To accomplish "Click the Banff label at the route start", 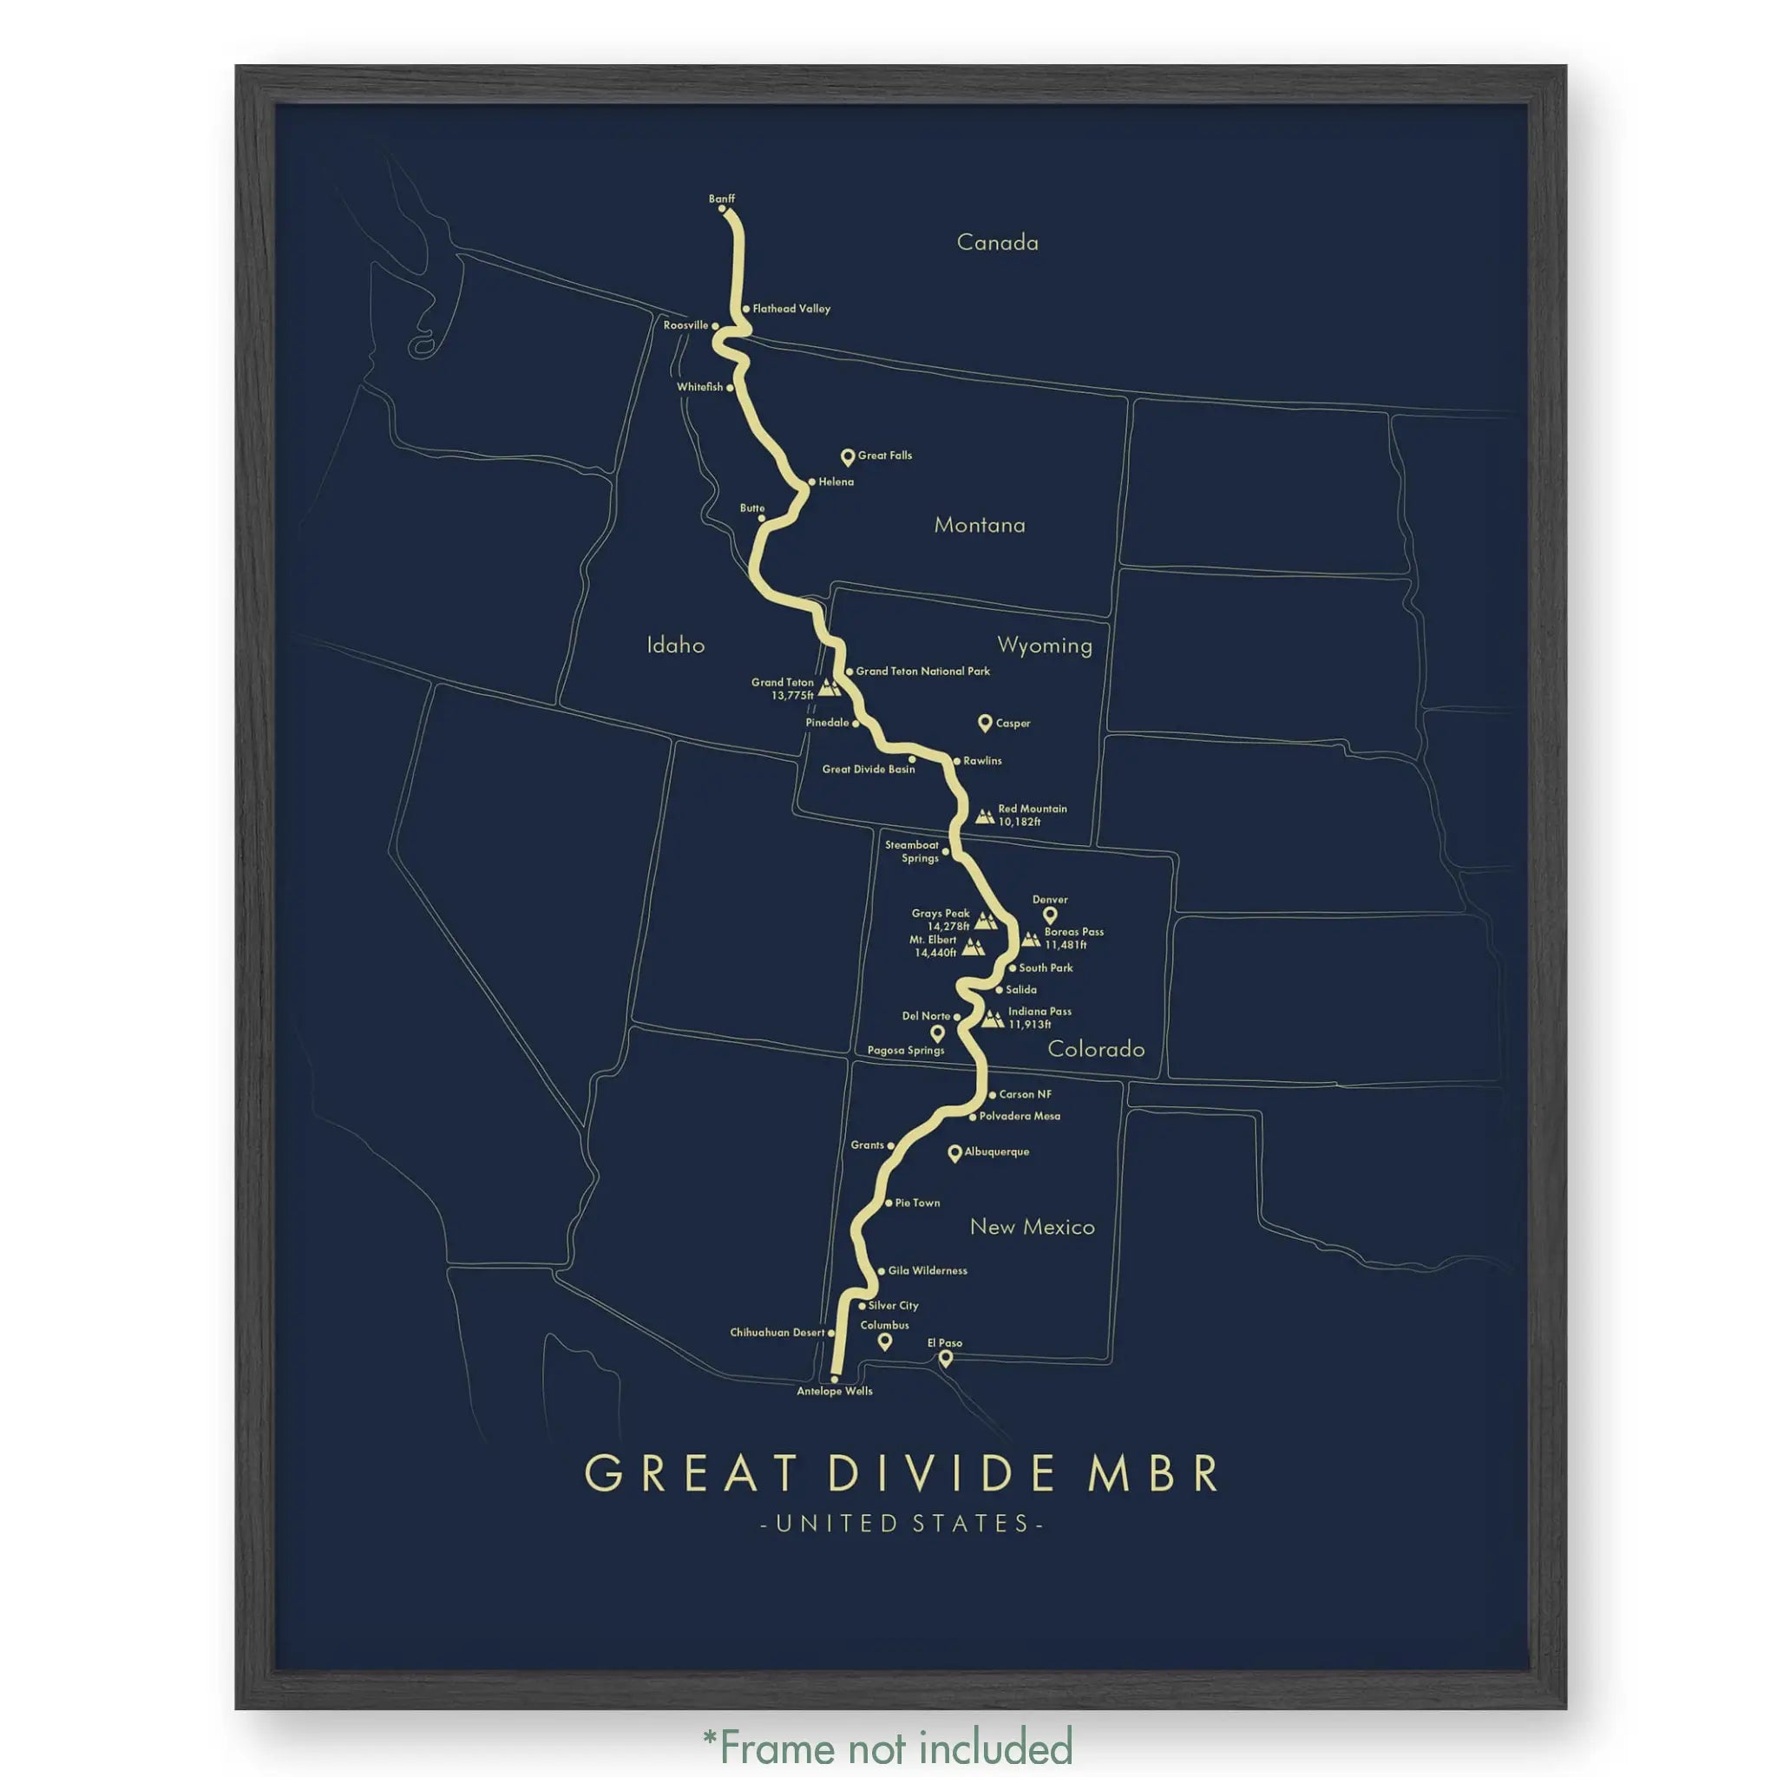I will coord(721,199).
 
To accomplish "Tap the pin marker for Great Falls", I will coord(847,456).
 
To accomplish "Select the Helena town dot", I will coord(811,482).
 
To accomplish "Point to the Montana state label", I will coord(979,525).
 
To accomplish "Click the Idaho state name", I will coord(675,646).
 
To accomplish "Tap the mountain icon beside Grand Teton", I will coord(829,687).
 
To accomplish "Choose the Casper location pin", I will coord(984,723).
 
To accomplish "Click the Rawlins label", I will coord(982,761).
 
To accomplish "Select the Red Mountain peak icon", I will coord(984,816).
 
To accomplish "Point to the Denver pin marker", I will coord(1050,915).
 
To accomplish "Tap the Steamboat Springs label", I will coord(912,852).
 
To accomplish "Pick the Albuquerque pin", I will coord(954,1152).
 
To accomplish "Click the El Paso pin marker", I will coord(945,1358).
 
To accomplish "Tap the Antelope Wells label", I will coord(834,1391).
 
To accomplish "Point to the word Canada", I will coord(997,243).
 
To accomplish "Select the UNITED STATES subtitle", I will coord(902,1524).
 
